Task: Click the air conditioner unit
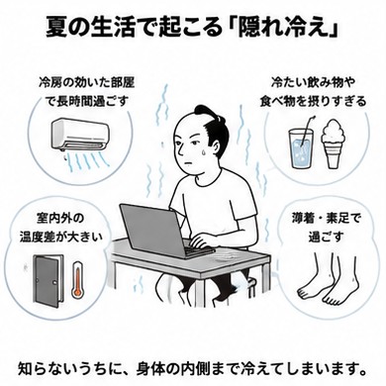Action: coord(80,135)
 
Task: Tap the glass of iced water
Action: coord(300,147)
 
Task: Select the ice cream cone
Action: coord(335,144)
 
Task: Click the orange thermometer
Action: coord(76,279)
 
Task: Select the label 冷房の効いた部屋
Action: coord(87,82)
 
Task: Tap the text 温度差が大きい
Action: coord(61,237)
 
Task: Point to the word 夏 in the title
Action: coord(56,27)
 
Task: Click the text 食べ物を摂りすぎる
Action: coord(313,101)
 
